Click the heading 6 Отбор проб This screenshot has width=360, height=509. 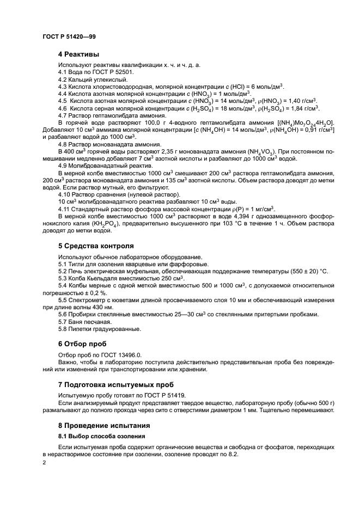[x=82, y=344]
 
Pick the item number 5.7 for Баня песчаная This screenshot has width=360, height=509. [x=63, y=322]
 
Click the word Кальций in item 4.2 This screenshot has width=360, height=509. [x=82, y=79]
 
